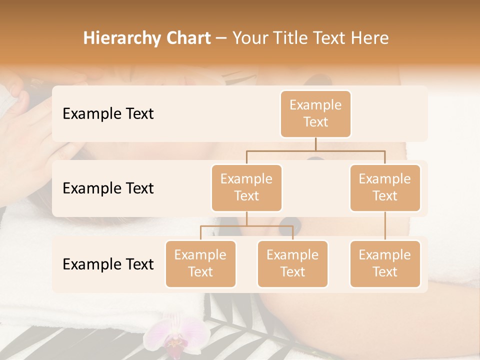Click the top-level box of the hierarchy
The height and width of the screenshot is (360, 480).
click(315, 114)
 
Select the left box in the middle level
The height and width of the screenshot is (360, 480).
click(246, 187)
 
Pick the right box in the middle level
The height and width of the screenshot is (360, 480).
click(385, 187)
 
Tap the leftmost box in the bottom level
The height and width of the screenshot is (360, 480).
click(200, 263)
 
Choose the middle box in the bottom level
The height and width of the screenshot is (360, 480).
click(292, 263)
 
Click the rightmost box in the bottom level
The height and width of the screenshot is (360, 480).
click(385, 263)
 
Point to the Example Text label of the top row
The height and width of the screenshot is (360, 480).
click(108, 114)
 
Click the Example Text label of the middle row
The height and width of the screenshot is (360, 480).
click(108, 188)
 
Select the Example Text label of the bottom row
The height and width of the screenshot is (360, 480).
click(108, 264)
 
